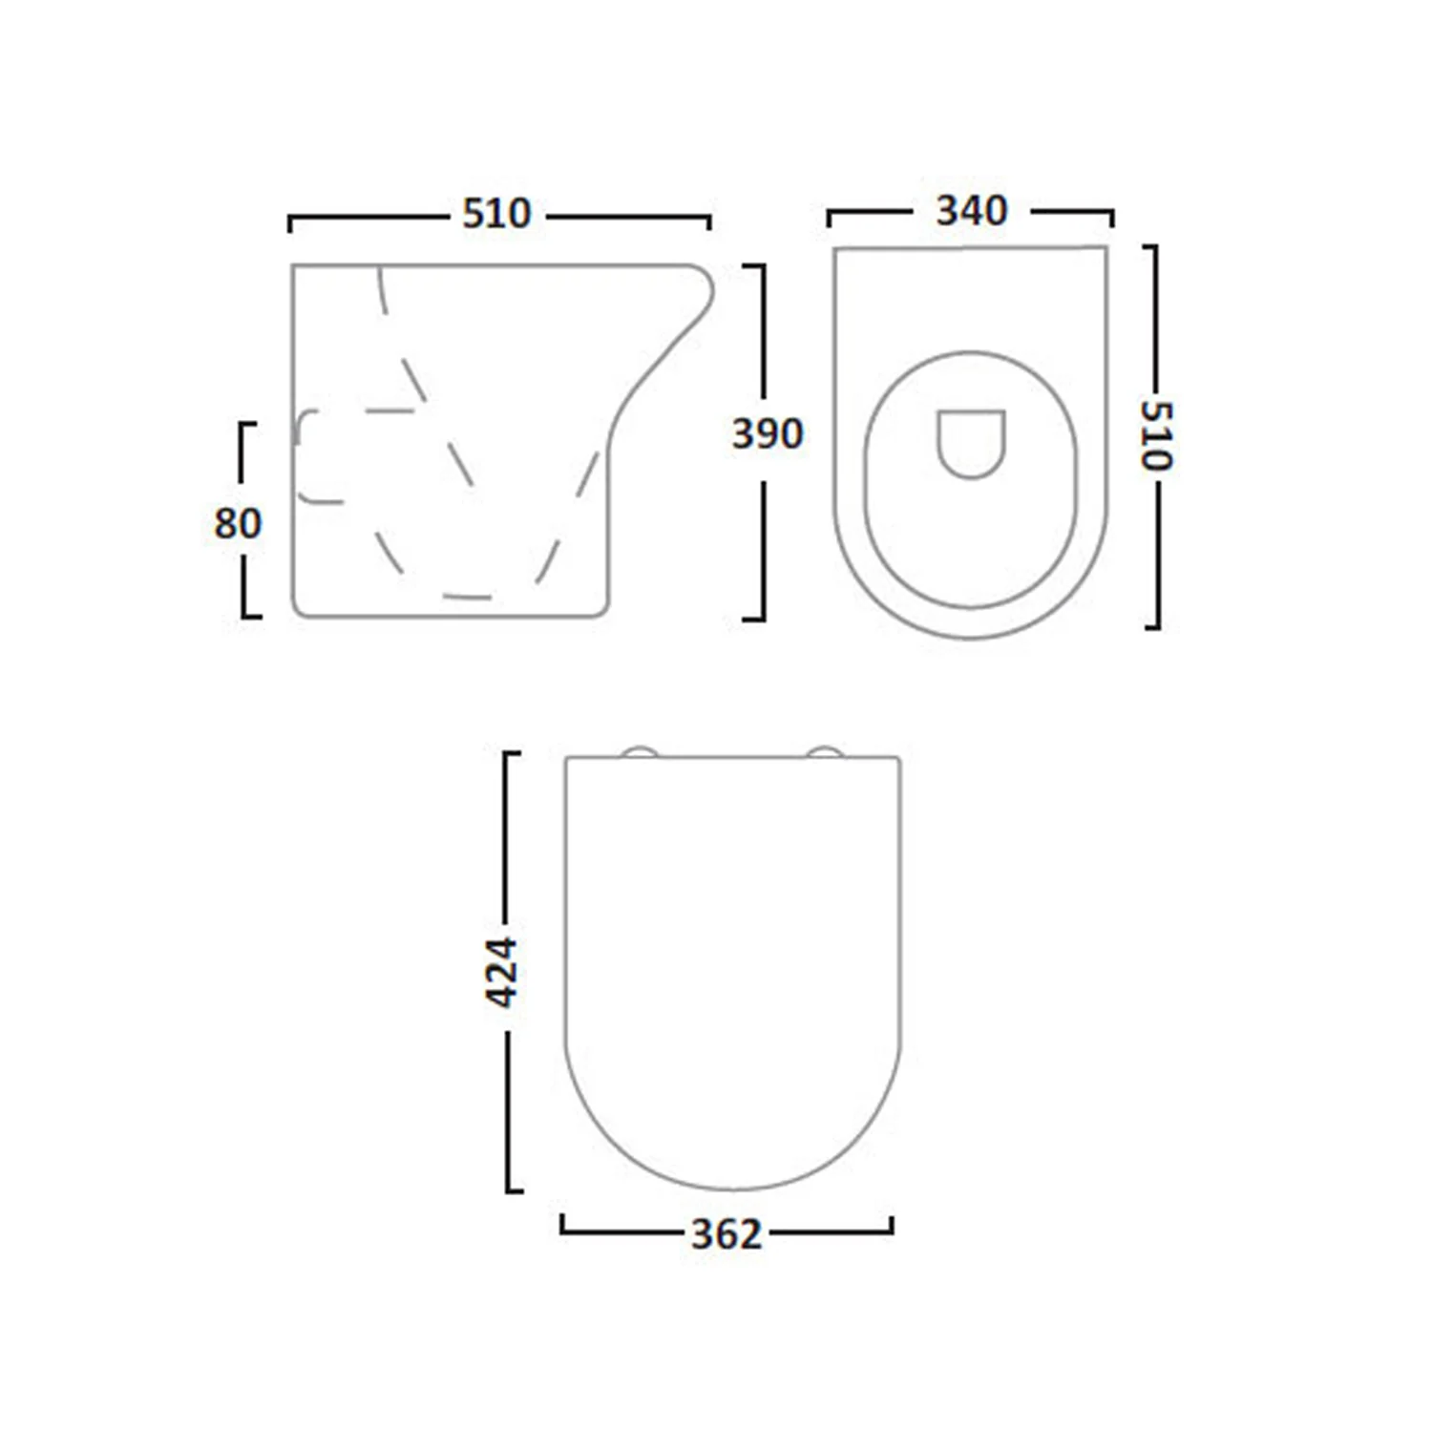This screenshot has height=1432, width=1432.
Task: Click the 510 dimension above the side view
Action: coord(496,214)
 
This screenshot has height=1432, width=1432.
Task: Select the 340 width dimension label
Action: coord(971,211)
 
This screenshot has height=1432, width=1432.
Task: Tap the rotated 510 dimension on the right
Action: coord(1157,435)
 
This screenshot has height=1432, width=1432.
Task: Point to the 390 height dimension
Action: coord(768,434)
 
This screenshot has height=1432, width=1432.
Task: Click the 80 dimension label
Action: coord(238,523)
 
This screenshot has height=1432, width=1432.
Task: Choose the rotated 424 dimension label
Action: coord(502,973)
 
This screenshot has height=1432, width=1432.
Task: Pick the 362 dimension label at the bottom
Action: coord(727,1235)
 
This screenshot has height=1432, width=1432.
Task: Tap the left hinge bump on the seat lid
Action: coord(640,752)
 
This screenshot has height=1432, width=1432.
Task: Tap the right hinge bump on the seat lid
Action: coord(826,752)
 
